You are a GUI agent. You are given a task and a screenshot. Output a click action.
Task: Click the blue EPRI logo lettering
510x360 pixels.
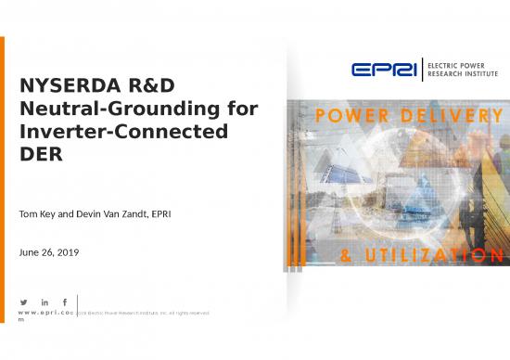click(x=385, y=69)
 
